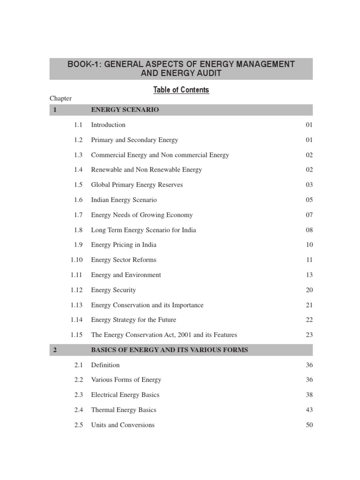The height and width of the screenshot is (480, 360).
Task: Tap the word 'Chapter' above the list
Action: tap(60, 98)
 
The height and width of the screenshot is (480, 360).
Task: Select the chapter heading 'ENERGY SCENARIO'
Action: tap(125, 110)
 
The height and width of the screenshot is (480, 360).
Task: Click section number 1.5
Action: tap(78, 185)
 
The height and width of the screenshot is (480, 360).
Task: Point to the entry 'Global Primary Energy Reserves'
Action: tap(137, 185)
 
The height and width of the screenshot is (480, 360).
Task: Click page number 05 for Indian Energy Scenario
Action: tap(309, 200)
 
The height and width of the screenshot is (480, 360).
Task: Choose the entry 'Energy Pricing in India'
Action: tap(124, 245)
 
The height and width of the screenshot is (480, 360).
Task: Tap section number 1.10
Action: tap(76, 260)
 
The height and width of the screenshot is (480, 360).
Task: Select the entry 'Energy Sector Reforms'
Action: tap(124, 260)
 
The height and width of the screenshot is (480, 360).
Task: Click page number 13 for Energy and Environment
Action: tap(309, 275)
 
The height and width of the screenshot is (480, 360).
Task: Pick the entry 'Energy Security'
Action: tap(113, 290)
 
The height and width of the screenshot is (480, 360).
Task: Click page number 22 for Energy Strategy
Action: tap(309, 320)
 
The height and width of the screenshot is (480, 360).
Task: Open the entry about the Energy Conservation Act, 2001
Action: tap(164, 335)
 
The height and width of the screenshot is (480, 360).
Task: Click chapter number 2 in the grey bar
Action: tap(55, 350)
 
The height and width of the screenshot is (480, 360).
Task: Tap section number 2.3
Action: tap(78, 395)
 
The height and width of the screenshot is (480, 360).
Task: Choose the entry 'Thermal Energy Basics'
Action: tap(124, 410)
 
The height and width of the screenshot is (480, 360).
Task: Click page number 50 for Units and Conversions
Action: tap(309, 425)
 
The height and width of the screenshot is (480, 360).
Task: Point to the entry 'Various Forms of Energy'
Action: tap(126, 380)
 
